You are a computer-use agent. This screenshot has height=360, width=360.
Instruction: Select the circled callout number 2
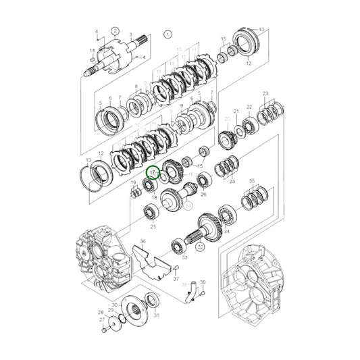point(115,30)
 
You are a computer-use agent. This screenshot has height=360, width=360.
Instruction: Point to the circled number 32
point(201,248)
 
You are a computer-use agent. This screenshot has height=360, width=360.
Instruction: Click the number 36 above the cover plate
point(143,242)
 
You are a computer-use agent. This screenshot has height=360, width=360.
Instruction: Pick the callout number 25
point(153,228)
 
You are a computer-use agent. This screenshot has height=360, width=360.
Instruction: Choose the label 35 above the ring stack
point(252,182)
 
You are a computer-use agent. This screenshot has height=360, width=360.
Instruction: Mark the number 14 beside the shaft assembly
point(93,51)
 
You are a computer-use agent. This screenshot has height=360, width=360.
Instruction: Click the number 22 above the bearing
point(249,107)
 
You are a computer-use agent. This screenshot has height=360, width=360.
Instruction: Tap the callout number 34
point(226,232)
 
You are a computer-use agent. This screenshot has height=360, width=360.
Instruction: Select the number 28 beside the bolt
point(100,313)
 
